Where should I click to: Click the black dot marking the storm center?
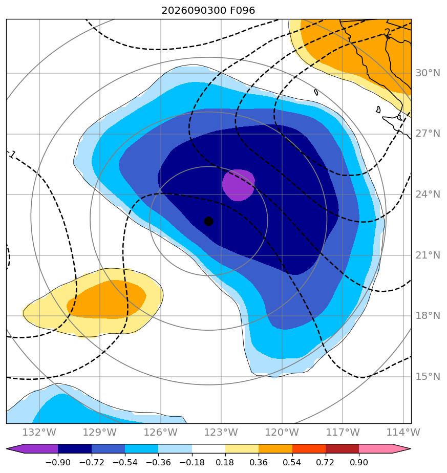[208, 222]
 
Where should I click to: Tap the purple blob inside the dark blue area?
[239, 185]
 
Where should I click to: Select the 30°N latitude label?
[428, 73]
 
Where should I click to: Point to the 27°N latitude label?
[428, 133]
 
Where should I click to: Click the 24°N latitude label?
[428, 195]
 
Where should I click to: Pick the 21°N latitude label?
[428, 255]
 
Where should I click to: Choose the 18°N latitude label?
[428, 315]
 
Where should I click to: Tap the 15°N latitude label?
[428, 376]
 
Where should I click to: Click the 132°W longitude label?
[39, 432]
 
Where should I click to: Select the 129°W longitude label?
[100, 432]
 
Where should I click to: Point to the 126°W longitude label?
[161, 432]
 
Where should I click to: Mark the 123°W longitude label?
[221, 432]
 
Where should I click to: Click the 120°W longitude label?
[282, 432]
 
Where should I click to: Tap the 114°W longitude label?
[403, 432]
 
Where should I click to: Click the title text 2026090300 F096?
[208, 11]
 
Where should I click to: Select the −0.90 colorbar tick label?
[58, 462]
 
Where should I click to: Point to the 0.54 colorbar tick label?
[292, 462]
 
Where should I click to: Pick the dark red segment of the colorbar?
[342, 449]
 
